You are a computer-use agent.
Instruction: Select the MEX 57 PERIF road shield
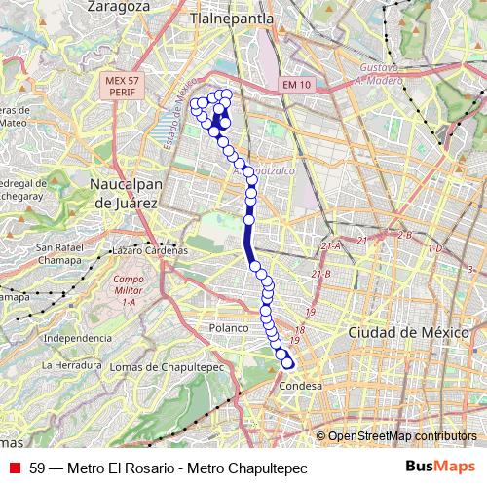pyautogui.click(x=121, y=85)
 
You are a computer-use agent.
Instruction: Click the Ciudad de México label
pyautogui.click(x=402, y=332)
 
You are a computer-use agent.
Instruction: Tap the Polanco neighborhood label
pyautogui.click(x=231, y=329)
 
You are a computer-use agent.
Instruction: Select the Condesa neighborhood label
pyautogui.click(x=299, y=385)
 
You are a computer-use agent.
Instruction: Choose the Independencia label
pyautogui.click(x=79, y=338)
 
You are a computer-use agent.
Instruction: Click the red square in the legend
pyautogui.click(x=14, y=468)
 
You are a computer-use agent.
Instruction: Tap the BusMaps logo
pyautogui.click(x=440, y=467)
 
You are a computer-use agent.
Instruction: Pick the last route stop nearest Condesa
pyautogui.click(x=287, y=364)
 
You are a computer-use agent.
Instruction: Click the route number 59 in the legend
pyautogui.click(x=38, y=468)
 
